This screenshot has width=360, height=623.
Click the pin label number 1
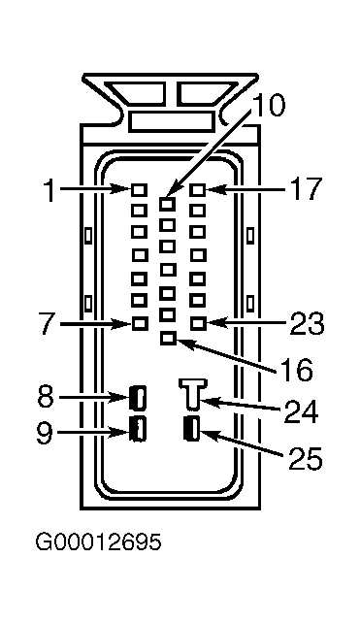coord(50,189)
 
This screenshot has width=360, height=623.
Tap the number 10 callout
coord(269,106)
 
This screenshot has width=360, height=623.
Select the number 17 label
coord(305,189)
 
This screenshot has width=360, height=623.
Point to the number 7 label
coord(47,324)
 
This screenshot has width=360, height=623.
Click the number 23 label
coord(308,323)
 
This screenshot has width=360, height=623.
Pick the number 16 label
coord(296,371)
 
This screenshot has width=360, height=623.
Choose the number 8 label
coord(47,396)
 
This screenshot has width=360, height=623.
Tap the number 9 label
coord(45,432)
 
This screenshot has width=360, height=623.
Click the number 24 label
coord(301,412)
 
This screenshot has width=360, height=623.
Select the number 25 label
coord(305,459)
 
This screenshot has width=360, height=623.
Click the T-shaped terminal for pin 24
coord(193,393)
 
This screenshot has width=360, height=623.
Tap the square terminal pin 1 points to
coord(139,190)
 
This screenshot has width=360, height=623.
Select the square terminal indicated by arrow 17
coord(198,190)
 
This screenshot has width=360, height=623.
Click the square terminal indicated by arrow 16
coord(169,339)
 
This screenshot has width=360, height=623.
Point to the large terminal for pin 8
coord(138,397)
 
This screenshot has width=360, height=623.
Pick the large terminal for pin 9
coord(138,428)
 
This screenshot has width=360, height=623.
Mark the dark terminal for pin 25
coord(192,428)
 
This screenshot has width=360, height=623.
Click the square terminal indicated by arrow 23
coord(198,323)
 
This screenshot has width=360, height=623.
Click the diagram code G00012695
coord(99,541)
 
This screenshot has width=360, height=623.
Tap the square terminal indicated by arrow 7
coord(140,324)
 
